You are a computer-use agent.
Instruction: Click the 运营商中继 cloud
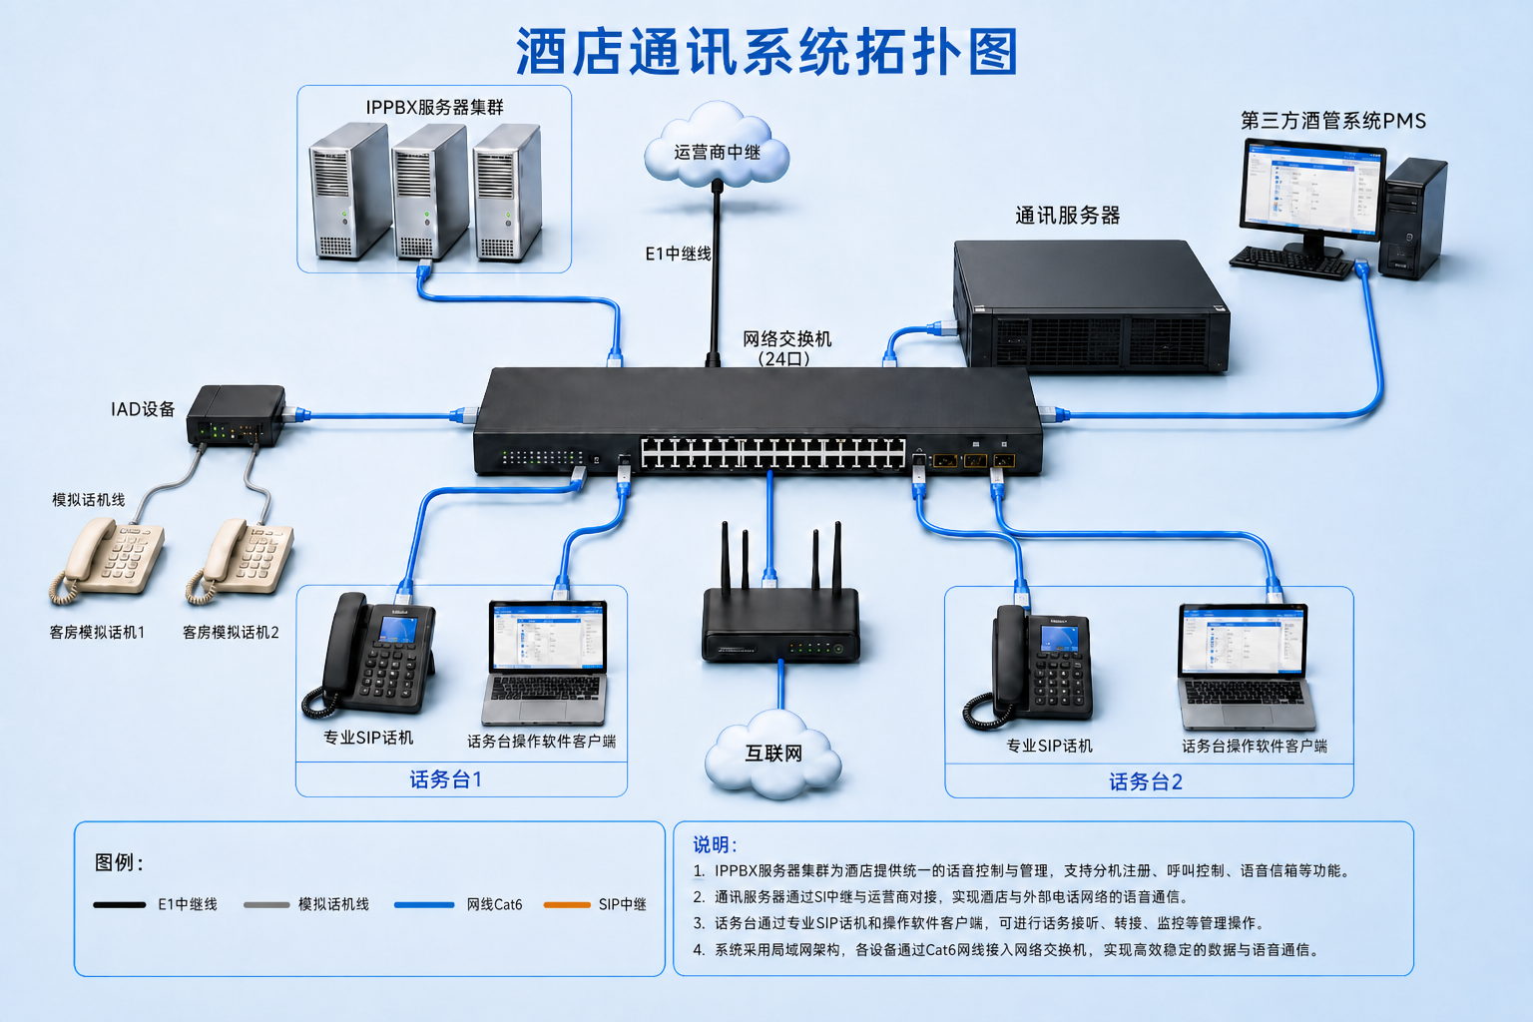click(x=717, y=146)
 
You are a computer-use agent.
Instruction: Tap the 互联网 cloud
click(x=773, y=754)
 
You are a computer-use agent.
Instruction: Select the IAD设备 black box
click(x=237, y=415)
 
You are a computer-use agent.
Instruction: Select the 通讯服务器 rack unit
click(x=1091, y=305)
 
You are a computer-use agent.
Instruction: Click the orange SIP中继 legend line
click(x=567, y=905)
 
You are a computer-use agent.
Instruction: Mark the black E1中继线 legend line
click(x=120, y=905)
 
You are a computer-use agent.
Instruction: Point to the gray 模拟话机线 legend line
click(x=266, y=905)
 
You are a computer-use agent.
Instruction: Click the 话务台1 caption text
click(x=446, y=779)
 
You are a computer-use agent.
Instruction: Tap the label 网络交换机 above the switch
click(x=787, y=339)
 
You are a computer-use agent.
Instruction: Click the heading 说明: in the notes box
click(x=715, y=844)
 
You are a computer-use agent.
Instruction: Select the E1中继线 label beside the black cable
click(x=678, y=254)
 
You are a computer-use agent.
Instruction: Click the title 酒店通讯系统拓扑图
click(x=766, y=52)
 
